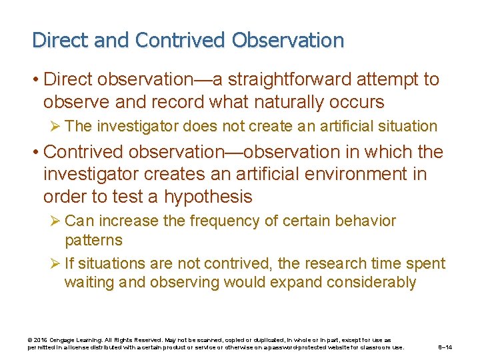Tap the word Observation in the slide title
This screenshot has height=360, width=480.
288,40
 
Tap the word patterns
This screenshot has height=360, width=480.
94,239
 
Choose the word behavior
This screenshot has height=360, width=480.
366,221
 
